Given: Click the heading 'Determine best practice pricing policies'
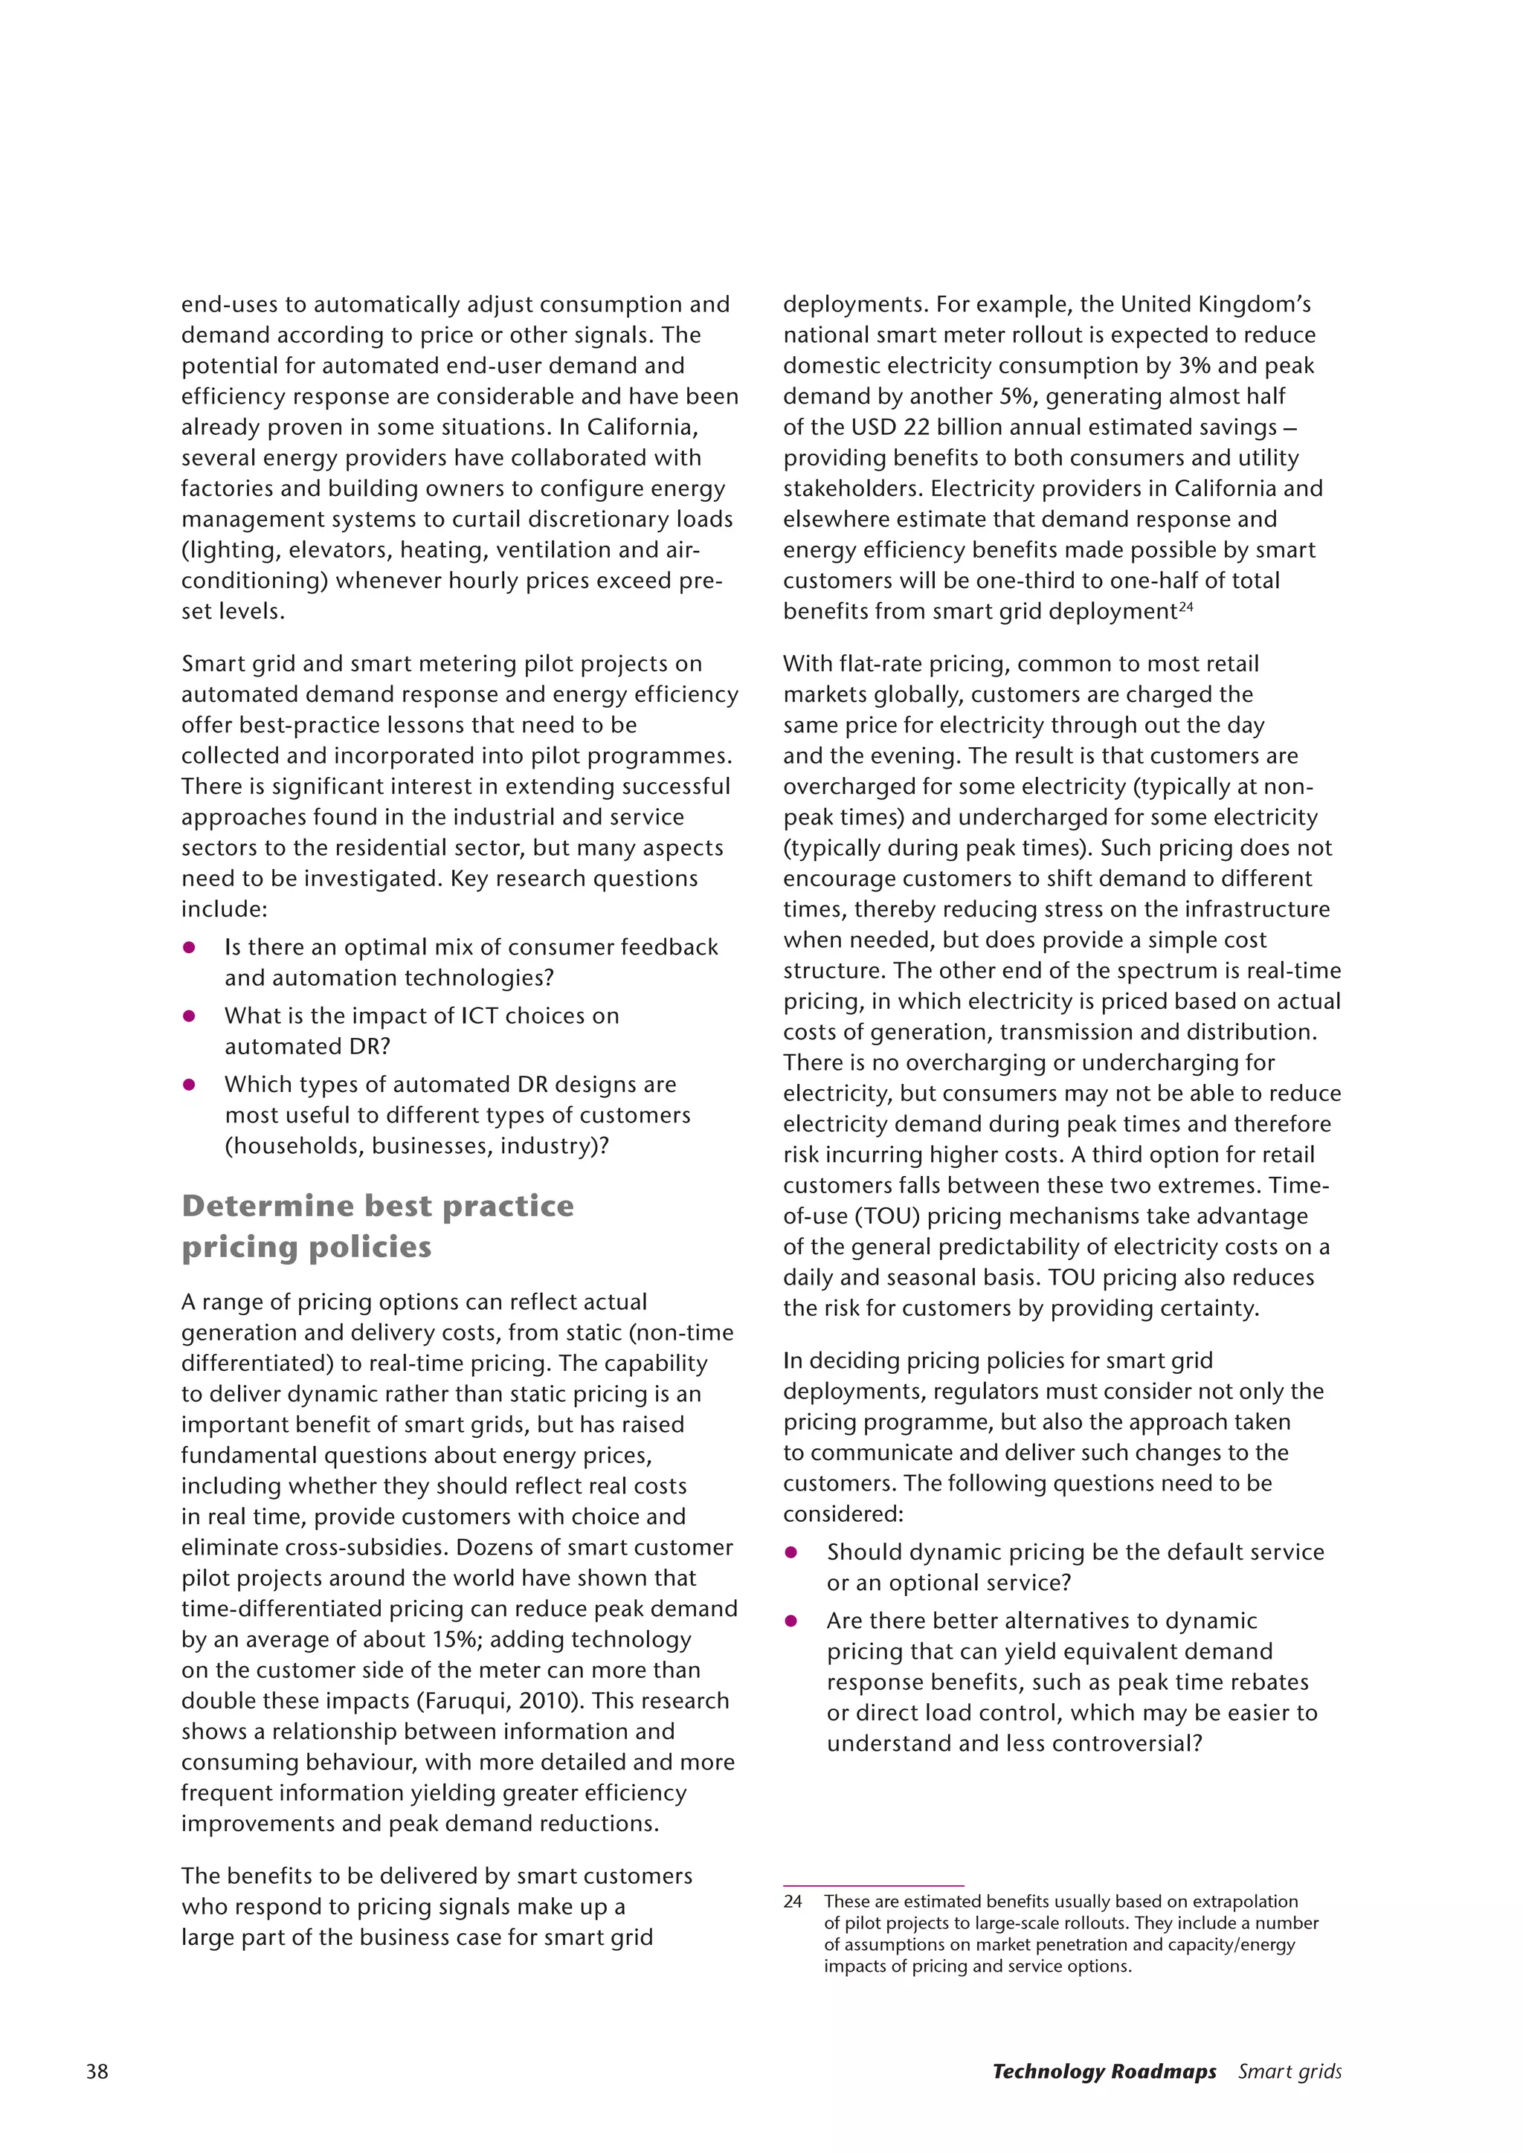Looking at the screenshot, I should (x=377, y=1226).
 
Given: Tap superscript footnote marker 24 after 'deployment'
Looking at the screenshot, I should (x=1185, y=607).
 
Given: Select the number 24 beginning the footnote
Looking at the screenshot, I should (x=793, y=1901).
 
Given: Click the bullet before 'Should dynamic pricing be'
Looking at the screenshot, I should (x=791, y=1552).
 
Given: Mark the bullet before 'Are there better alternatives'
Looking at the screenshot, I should (x=791, y=1621).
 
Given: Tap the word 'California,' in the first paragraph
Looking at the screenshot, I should (x=643, y=427).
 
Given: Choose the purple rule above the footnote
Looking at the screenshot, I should (x=873, y=1885).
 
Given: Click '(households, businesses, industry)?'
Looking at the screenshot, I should (x=416, y=1146).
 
